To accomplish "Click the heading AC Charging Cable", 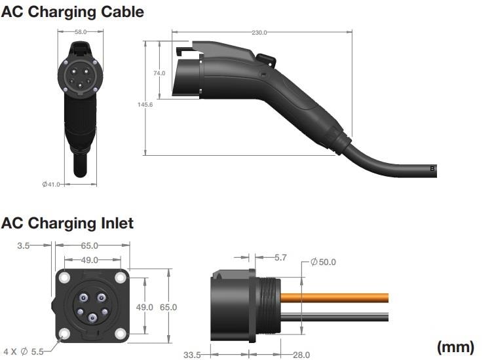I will (x=72, y=12).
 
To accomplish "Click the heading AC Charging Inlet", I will (x=67, y=223).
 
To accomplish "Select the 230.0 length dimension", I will (x=259, y=32).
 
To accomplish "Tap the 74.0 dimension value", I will (x=159, y=73).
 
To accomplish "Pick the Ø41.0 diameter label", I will (x=50, y=185).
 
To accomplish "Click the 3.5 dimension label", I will (x=24, y=245).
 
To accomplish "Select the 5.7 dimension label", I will (x=280, y=258).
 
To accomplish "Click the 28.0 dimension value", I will (x=301, y=354).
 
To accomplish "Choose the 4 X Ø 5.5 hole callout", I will (x=23, y=351).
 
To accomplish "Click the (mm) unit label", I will (x=455, y=346).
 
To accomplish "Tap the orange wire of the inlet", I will (x=341, y=297).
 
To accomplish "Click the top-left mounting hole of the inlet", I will (x=64, y=278).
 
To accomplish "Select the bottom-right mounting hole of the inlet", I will (x=120, y=334).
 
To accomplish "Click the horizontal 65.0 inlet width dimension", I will (x=89, y=245).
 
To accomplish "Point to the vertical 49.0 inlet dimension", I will (x=144, y=306).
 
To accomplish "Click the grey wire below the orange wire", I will (x=341, y=317).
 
